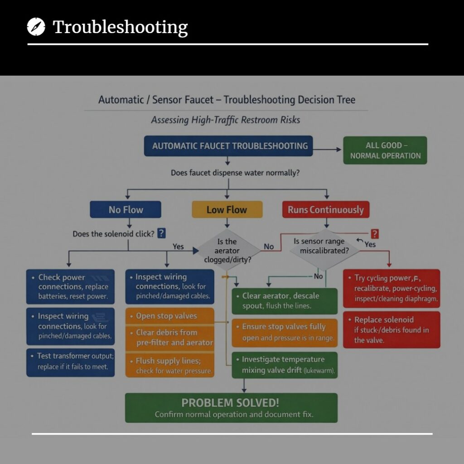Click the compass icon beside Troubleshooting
point(36,27)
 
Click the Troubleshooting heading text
point(120,27)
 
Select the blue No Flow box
point(126,209)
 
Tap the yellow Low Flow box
point(227,209)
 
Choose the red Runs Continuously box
point(326,209)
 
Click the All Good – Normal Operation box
point(385,150)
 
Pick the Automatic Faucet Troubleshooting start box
point(228,146)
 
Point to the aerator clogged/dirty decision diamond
point(227,250)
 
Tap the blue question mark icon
point(161,233)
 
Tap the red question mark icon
point(375,234)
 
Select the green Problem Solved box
point(231,408)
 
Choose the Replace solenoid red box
point(391,330)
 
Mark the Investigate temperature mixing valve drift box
point(285,365)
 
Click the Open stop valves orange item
point(170,316)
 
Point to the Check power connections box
point(70,287)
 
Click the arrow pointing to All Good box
point(327,150)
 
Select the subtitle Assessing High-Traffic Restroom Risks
point(226,120)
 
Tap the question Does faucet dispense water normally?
point(235,173)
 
